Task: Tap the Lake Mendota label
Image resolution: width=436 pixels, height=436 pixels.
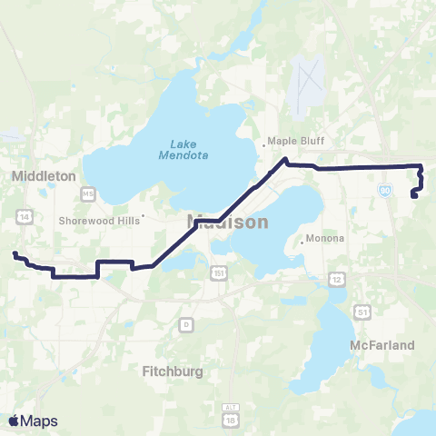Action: [x=189, y=148]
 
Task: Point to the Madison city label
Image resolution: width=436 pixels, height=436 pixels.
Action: [x=227, y=222]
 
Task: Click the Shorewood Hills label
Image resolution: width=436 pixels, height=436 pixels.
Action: [x=95, y=220]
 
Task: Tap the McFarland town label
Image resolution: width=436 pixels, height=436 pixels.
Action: [x=381, y=345]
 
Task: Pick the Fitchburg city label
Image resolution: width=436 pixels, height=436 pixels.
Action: [x=173, y=371]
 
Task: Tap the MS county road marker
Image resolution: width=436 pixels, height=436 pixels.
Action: [x=88, y=194]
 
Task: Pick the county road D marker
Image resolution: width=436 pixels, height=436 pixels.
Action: [x=186, y=323]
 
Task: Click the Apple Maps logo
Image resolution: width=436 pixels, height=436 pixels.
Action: [x=32, y=421]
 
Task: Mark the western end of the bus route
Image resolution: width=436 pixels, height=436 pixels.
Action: [x=15, y=254]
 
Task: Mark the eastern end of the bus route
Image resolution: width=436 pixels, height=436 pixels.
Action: [x=414, y=194]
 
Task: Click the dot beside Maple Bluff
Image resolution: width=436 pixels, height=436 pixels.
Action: [x=265, y=142]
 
